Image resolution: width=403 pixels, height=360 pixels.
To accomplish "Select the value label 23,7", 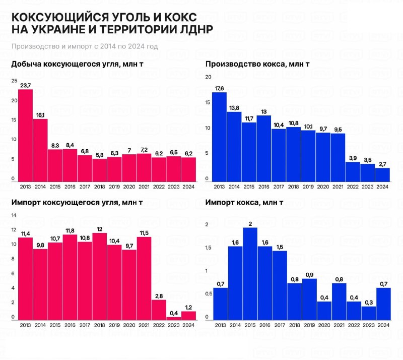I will (x=25, y=85).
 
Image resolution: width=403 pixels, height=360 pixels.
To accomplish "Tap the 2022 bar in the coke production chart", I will (x=353, y=172).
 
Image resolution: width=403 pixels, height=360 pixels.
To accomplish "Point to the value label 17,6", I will (x=219, y=89).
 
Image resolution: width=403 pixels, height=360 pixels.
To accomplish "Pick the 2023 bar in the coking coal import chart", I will (x=174, y=317).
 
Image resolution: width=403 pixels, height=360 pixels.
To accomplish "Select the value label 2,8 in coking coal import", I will (x=159, y=295).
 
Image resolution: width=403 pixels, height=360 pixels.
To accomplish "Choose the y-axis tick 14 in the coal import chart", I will (x=14, y=215).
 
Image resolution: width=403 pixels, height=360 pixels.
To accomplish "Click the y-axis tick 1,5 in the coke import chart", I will (x=208, y=248).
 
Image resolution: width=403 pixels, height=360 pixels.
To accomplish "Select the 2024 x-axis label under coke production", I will (x=382, y=187).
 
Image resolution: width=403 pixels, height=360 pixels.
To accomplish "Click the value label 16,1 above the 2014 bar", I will (x=40, y=115).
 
